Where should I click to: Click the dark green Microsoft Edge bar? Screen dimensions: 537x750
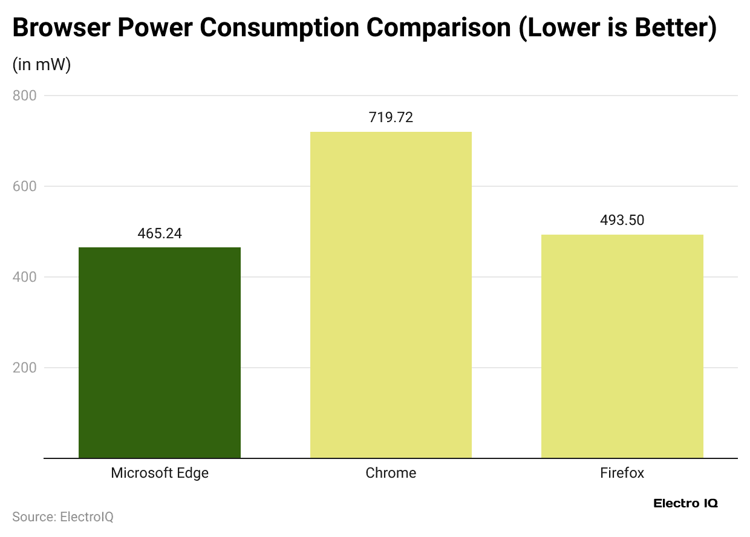160,353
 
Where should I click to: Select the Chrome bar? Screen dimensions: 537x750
391,295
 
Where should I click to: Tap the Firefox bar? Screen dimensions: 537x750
622,346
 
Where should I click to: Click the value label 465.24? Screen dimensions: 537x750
160,233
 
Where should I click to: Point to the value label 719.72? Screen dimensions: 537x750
391,117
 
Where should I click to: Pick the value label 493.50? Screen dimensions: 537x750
622,220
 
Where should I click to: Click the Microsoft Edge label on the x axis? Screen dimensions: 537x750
160,473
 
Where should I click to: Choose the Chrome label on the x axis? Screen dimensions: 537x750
391,473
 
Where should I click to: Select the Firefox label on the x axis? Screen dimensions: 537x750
622,473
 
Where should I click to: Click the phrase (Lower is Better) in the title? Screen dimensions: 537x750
618,28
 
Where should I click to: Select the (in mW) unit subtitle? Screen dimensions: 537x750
42,65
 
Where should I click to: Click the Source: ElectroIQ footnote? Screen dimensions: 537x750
63,517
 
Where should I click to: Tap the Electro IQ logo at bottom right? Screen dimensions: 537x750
685,503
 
